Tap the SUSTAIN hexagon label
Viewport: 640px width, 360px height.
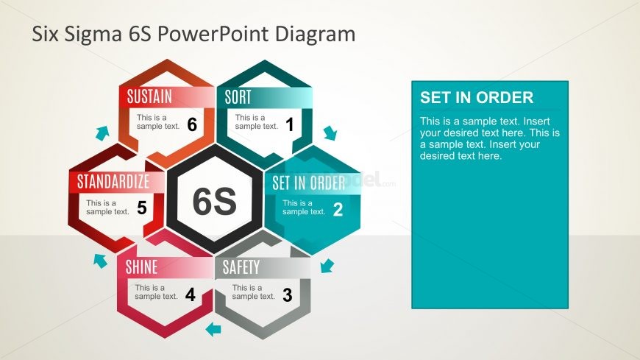tap(149, 96)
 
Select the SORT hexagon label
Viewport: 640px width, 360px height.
tap(238, 96)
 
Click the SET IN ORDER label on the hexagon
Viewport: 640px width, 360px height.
tap(308, 183)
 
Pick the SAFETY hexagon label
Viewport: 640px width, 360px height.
tap(241, 267)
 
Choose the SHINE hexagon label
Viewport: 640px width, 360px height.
tap(141, 267)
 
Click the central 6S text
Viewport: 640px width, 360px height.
tap(214, 202)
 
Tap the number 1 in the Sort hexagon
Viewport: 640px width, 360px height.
tap(289, 125)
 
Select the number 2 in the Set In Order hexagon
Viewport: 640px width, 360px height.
tap(338, 210)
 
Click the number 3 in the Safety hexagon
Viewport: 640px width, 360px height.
tap(287, 296)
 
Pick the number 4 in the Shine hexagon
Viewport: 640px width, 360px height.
tap(190, 296)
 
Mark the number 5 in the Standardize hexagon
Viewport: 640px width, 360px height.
tap(141, 208)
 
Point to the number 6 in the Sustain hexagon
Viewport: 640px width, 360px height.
tap(191, 125)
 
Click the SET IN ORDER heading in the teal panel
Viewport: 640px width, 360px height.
tap(476, 98)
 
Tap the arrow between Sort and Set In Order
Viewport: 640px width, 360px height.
tap(330, 133)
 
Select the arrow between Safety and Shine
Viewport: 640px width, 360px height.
tap(213, 329)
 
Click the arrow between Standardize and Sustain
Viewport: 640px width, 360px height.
tap(102, 133)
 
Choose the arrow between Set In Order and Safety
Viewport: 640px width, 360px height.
tap(328, 264)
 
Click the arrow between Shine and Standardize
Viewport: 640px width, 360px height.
tap(99, 259)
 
